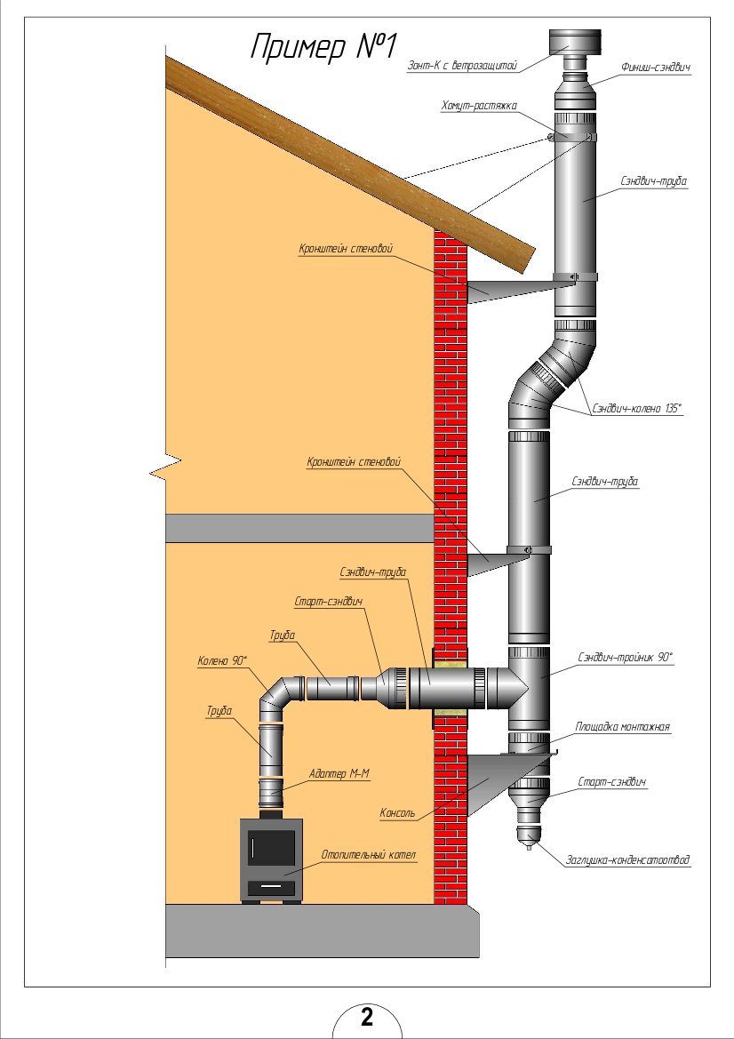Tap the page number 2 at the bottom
tap(367, 1017)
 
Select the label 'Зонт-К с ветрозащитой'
tap(462, 64)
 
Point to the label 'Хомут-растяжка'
tap(479, 107)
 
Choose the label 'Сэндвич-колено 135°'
tap(636, 410)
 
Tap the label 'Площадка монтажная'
tap(622, 726)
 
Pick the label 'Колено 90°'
tap(223, 660)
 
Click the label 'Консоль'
tap(397, 811)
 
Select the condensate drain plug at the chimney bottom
tap(530, 837)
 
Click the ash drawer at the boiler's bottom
tap(271, 887)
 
